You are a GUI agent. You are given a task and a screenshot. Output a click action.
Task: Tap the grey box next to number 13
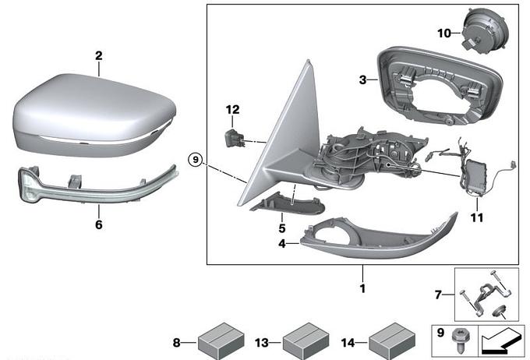303,341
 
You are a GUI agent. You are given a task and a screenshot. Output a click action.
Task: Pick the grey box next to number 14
389,341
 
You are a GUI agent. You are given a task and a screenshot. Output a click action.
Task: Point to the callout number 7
438,294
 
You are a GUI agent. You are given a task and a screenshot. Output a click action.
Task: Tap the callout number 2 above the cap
99,56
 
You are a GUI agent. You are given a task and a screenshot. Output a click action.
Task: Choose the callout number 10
443,34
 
